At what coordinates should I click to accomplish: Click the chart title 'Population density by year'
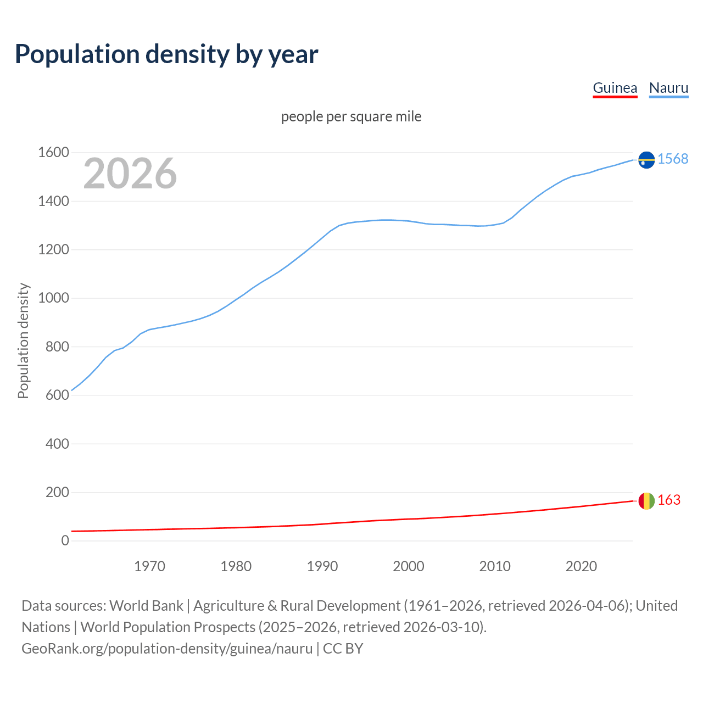pyautogui.click(x=166, y=54)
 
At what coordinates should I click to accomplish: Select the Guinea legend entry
pyautogui.click(x=615, y=88)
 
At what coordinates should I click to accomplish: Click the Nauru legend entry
pyautogui.click(x=668, y=88)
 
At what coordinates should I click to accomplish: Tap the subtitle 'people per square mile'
pyautogui.click(x=351, y=116)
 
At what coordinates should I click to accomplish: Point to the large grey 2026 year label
pyautogui.click(x=130, y=174)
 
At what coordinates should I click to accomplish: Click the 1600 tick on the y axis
pyautogui.click(x=53, y=153)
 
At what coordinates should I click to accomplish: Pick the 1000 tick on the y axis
pyautogui.click(x=53, y=298)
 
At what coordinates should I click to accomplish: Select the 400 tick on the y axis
pyautogui.click(x=57, y=444)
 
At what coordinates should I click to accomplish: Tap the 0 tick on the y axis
pyautogui.click(x=65, y=541)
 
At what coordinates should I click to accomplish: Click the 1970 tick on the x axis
pyautogui.click(x=149, y=566)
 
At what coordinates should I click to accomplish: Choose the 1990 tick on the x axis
pyautogui.click(x=322, y=566)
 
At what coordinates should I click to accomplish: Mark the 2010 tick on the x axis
pyautogui.click(x=495, y=566)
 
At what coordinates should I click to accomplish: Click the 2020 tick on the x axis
pyautogui.click(x=581, y=566)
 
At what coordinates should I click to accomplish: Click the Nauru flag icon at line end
pyautogui.click(x=646, y=159)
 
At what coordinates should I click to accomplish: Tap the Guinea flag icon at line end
pyautogui.click(x=646, y=501)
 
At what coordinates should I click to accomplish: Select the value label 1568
pyautogui.click(x=673, y=159)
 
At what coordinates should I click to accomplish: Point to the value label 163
pyautogui.click(x=669, y=500)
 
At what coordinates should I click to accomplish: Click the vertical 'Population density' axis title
pyautogui.click(x=23, y=341)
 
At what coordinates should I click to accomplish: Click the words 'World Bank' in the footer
pyautogui.click(x=146, y=605)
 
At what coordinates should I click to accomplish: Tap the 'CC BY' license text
pyautogui.click(x=343, y=648)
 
